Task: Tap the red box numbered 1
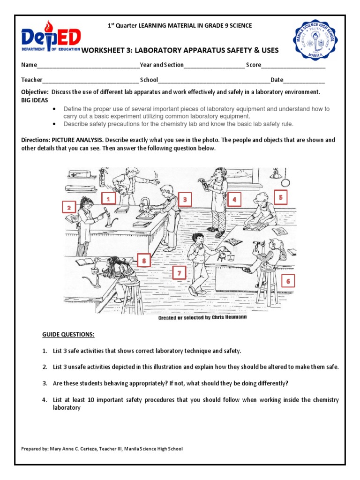point(108,199)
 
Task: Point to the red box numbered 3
point(185,199)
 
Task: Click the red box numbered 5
point(280,197)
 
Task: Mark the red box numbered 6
point(288,281)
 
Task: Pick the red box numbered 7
point(179,273)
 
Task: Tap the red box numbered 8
point(144,260)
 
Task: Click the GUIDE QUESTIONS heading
point(68,334)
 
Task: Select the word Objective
point(34,92)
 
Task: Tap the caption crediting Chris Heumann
point(202,317)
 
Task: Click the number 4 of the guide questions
point(45,400)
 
